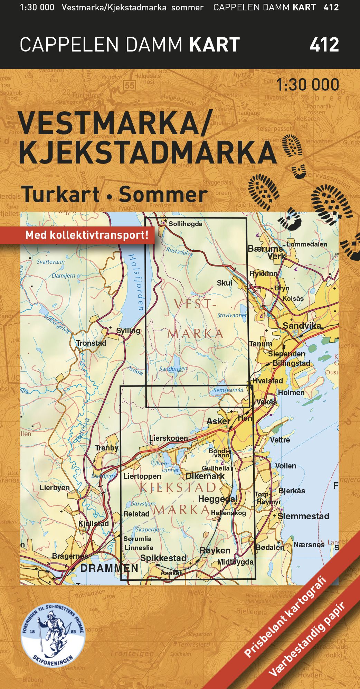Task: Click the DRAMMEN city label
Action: pyautogui.click(x=109, y=568)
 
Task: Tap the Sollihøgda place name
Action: pyautogui.click(x=185, y=224)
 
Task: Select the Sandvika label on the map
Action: pyautogui.click(x=302, y=325)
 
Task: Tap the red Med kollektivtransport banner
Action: pyautogui.click(x=86, y=235)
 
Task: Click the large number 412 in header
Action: pyautogui.click(x=324, y=45)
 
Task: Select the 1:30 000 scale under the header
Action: pyautogui.click(x=307, y=85)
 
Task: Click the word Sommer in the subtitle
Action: pyautogui.click(x=163, y=195)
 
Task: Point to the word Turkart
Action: pyautogui.click(x=60, y=195)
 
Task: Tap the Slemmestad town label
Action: pyautogui.click(x=303, y=516)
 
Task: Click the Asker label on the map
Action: pyautogui.click(x=218, y=421)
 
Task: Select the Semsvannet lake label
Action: pyautogui.click(x=228, y=390)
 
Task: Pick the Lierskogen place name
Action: pyautogui.click(x=169, y=438)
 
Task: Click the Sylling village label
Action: pyautogui.click(x=128, y=330)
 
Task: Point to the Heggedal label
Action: pyautogui.click(x=218, y=499)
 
